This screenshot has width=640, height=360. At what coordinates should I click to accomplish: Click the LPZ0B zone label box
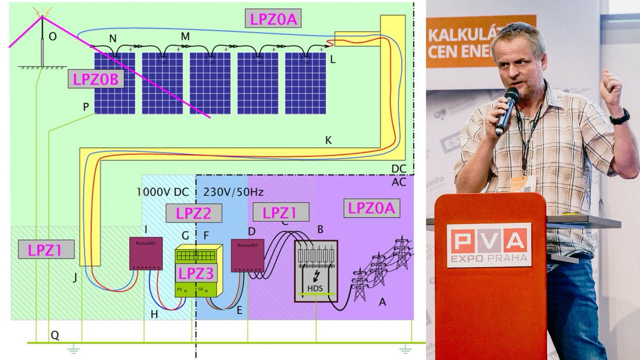[x=96, y=79]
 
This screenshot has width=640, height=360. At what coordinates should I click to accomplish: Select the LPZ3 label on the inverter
[x=196, y=274]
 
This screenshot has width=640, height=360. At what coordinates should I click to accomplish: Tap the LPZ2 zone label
[x=194, y=213]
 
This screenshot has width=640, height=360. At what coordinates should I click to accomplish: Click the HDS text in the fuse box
[x=315, y=288]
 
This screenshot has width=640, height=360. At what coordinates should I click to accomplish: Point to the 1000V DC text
[x=162, y=192]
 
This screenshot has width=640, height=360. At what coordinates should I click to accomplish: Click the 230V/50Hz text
[x=234, y=192]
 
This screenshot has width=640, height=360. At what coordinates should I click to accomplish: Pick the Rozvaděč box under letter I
[x=146, y=254]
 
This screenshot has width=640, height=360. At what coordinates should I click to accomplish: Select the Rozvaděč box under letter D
[x=248, y=256]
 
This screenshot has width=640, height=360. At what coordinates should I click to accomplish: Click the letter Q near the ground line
[x=55, y=335]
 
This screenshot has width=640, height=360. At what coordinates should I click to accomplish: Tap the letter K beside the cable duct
[x=328, y=140]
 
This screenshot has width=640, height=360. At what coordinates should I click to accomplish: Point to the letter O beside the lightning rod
[x=53, y=37]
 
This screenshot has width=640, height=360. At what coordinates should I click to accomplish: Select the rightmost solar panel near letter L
[x=305, y=83]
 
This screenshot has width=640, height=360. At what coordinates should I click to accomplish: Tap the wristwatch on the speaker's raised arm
[x=620, y=117]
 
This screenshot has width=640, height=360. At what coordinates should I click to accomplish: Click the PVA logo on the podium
[x=489, y=244]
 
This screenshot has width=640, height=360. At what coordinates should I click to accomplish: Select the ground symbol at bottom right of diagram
[x=405, y=350]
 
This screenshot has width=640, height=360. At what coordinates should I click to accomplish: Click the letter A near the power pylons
[x=382, y=302]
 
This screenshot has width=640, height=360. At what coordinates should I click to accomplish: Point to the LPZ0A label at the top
[x=273, y=19]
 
